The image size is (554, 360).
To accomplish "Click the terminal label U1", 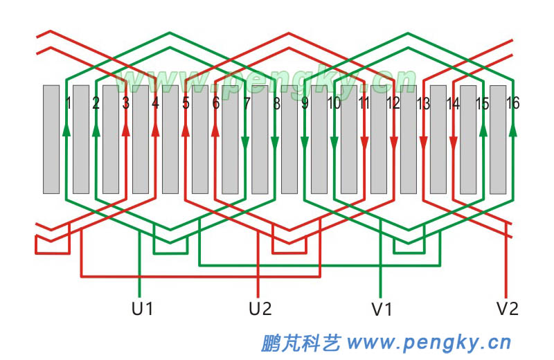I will [142, 309].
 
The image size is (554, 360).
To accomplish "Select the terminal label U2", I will [260, 309].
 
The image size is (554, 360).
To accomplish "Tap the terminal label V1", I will [382, 309].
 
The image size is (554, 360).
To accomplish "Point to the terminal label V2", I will [507, 309].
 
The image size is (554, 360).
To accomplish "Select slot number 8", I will [276, 104].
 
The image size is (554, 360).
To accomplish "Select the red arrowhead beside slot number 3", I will [125, 129].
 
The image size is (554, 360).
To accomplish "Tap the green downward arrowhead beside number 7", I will [244, 143].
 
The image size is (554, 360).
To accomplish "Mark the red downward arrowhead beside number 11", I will [364, 143].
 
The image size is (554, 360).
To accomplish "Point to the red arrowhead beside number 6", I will [215, 129].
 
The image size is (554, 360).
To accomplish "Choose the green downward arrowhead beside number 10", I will [334, 143].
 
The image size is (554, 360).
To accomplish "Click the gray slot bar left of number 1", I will [51, 138].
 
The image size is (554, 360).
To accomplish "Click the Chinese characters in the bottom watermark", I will [301, 342].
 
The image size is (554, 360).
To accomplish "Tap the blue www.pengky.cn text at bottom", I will [429, 342].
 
